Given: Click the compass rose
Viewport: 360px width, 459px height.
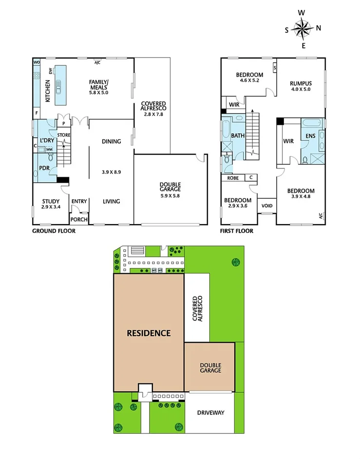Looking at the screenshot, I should (x=302, y=29).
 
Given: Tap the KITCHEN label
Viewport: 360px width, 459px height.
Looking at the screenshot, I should (x=47, y=90).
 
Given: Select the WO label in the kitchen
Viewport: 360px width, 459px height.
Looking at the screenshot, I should (x=36, y=62).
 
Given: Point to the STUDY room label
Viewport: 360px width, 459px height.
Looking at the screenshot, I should (x=51, y=201).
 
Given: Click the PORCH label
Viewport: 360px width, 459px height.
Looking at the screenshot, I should (x=79, y=219).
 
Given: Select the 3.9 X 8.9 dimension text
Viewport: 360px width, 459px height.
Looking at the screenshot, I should (x=112, y=172).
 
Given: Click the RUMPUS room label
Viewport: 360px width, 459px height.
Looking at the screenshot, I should (x=301, y=83).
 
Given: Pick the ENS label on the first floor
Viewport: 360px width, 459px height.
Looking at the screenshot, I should (x=310, y=136).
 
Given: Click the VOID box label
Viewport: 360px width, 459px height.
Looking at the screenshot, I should (x=267, y=206).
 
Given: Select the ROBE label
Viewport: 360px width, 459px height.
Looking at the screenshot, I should (x=232, y=178).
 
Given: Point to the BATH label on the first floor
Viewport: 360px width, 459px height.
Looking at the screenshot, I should (x=238, y=136).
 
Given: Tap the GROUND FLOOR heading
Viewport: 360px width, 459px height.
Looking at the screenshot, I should (x=54, y=230).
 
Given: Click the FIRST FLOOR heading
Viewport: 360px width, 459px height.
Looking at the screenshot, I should (x=237, y=230).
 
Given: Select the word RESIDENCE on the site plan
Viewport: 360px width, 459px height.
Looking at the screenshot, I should (x=149, y=333).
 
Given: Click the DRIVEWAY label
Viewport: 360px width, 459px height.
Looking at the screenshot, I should (x=210, y=413).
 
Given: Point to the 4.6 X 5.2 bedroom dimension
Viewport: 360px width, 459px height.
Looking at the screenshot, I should (x=249, y=81).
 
